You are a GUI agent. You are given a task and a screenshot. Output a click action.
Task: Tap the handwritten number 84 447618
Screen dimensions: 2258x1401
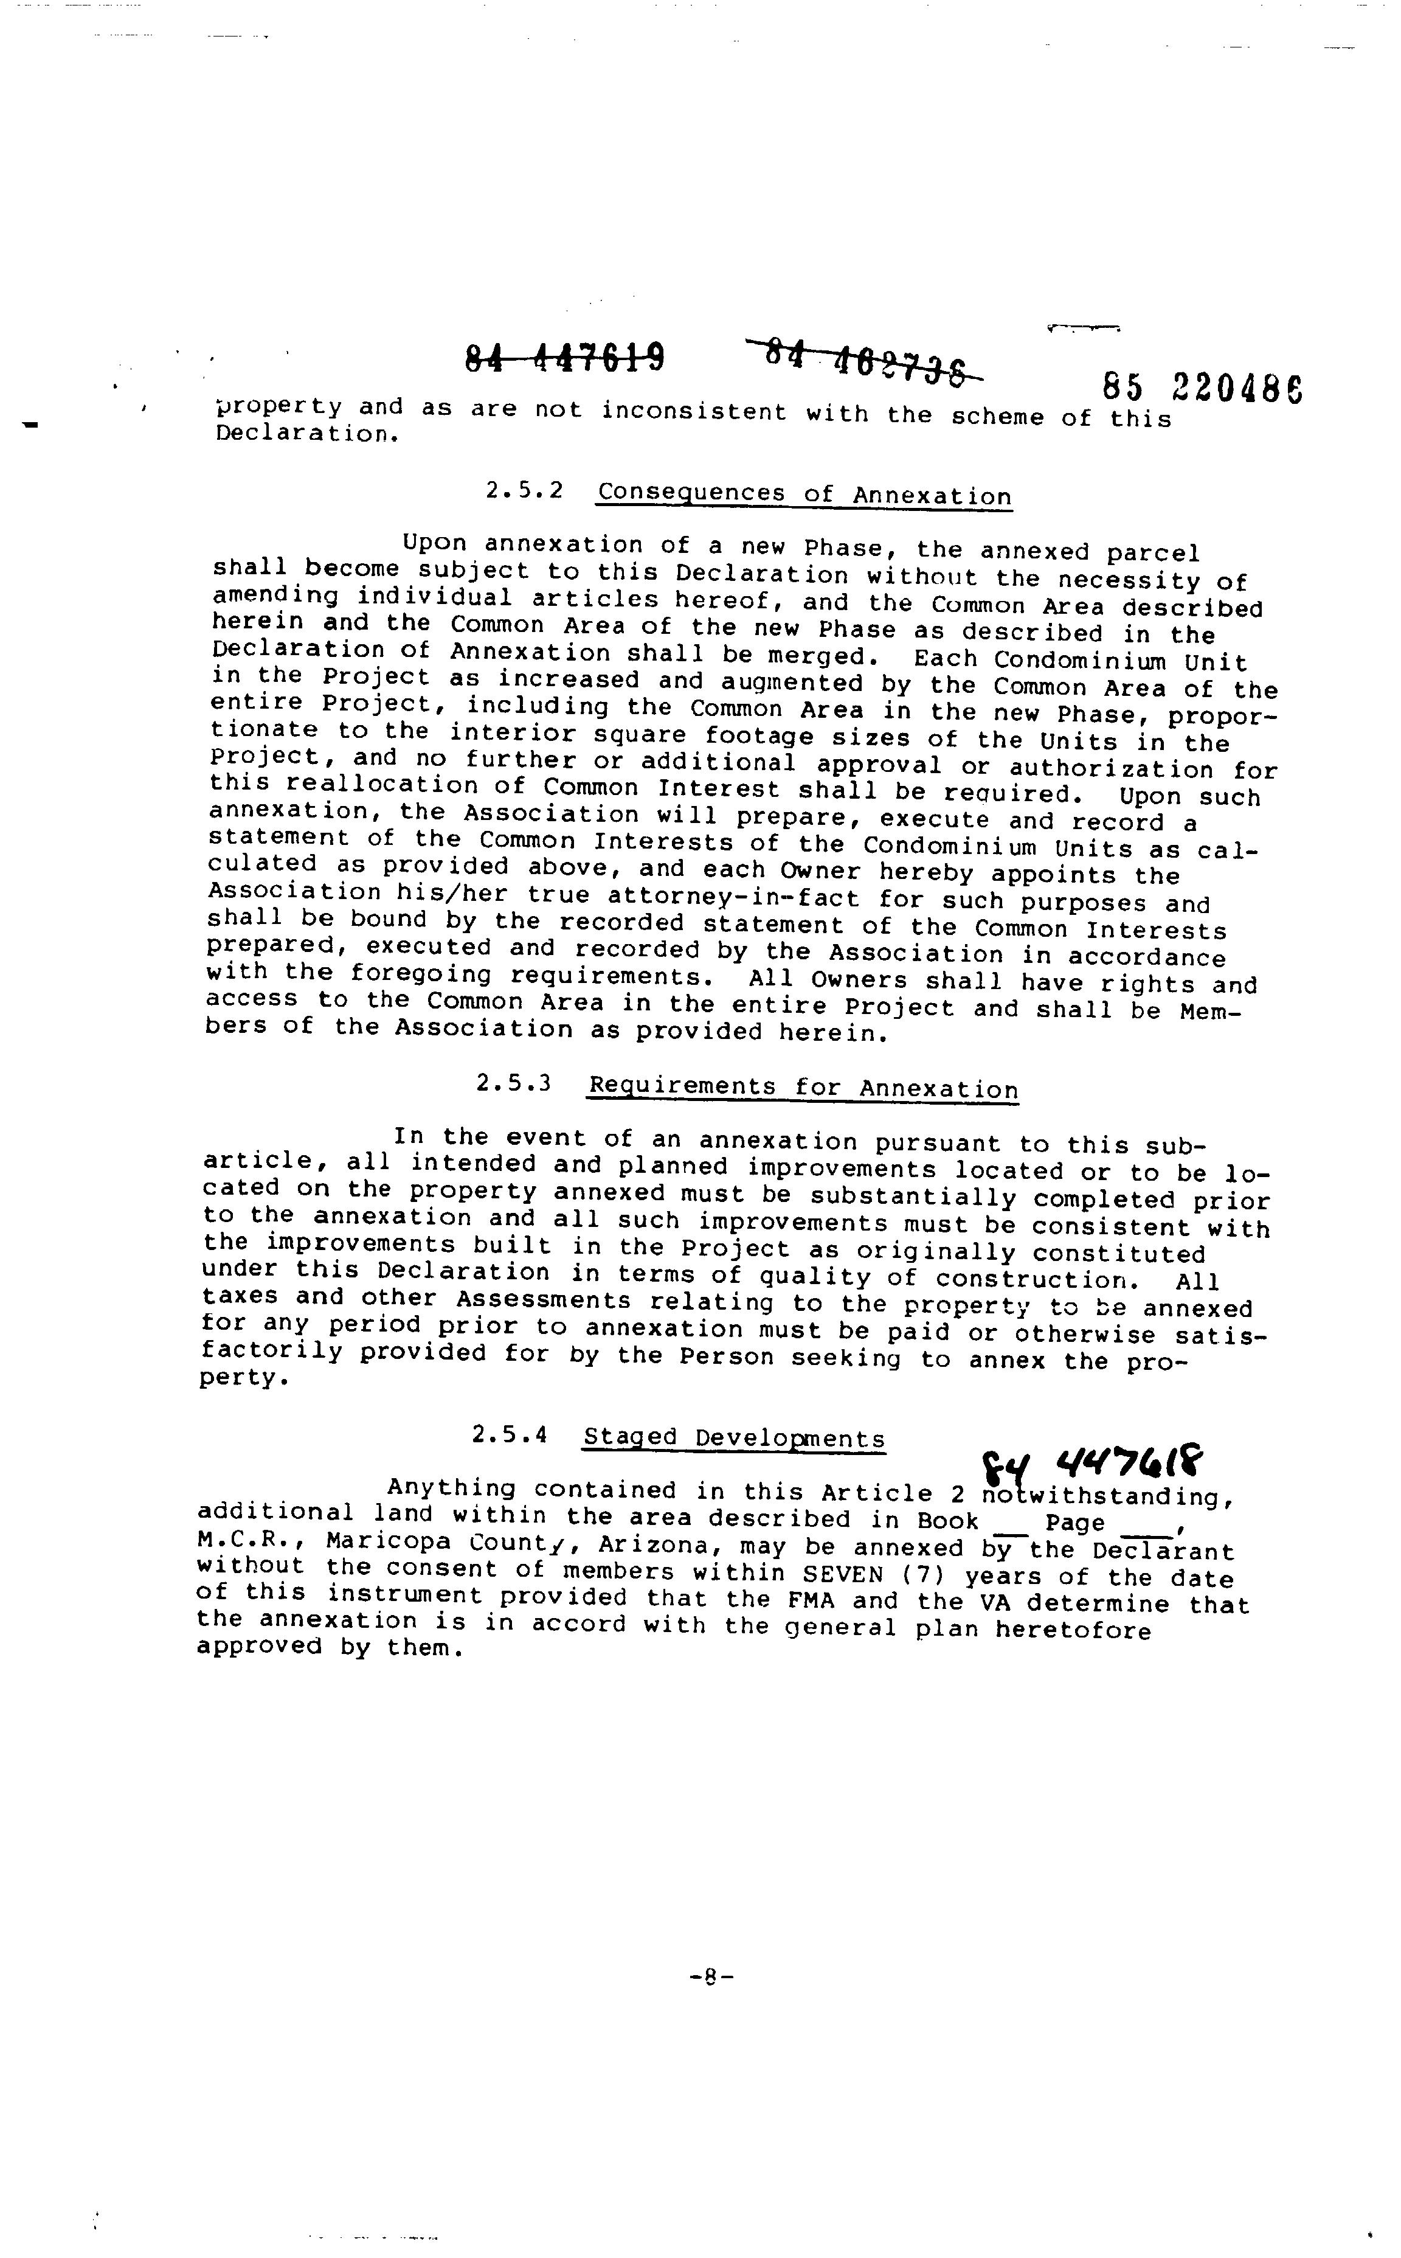pos(1093,1463)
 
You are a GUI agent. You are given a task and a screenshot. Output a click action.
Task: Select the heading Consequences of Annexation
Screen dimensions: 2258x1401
pos(804,493)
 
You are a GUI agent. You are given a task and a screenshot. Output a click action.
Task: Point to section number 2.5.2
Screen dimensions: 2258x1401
pos(524,490)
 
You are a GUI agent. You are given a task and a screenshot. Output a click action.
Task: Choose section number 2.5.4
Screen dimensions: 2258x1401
pos(510,1435)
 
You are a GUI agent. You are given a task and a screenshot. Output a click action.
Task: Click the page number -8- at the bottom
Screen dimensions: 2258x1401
pos(711,1975)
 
